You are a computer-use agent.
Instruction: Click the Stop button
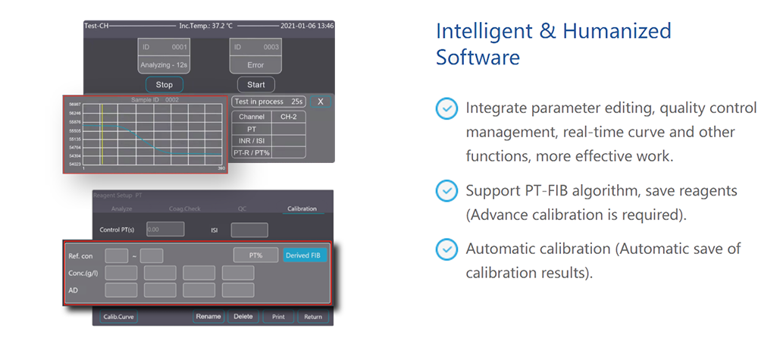pos(164,85)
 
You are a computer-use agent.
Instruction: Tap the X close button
pos(320,102)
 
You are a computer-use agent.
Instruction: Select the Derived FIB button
pos(305,255)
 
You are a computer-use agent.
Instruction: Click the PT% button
pos(255,255)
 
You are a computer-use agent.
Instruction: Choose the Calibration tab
pos(302,208)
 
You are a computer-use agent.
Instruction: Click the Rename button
pos(208,317)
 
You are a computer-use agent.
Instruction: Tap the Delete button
pos(243,317)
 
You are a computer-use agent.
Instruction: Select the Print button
pos(278,317)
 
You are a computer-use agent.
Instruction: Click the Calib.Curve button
pos(118,317)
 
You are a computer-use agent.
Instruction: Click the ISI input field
pos(249,230)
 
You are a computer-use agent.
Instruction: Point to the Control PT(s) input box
pos(165,229)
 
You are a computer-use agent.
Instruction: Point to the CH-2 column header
pos(288,117)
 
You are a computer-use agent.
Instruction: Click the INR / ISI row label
pos(251,140)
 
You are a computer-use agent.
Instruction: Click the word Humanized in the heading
pos(615,31)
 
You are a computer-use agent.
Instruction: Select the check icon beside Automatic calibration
pos(447,249)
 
